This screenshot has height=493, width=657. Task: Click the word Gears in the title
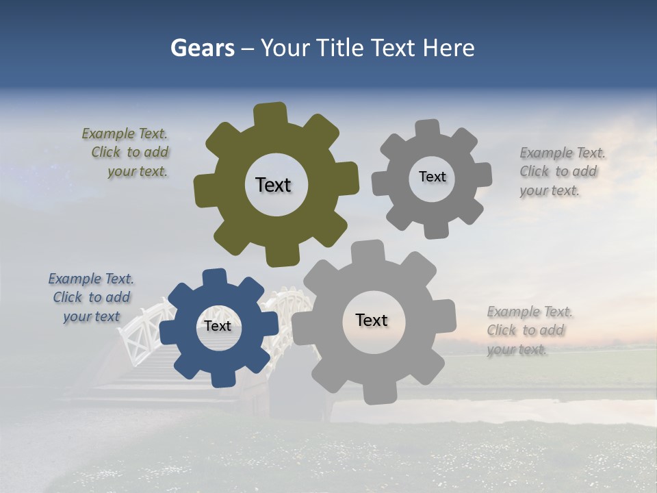click(201, 49)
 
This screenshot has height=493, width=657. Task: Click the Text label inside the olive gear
click(273, 185)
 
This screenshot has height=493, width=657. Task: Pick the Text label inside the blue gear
click(218, 327)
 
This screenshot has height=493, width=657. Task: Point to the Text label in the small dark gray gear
click(432, 177)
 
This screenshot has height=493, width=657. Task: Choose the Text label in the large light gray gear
click(372, 320)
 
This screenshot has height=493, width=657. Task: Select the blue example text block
click(92, 298)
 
